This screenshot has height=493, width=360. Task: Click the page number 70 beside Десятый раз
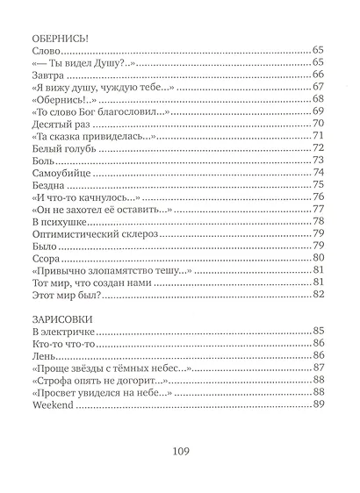coord(319,124)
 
